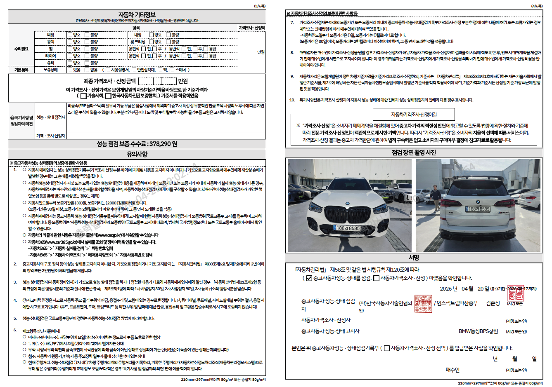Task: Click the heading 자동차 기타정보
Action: [137, 15]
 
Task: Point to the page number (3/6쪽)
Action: [260, 6]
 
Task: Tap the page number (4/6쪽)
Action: [537, 6]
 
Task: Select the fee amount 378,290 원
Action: [163, 144]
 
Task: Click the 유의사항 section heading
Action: [137, 154]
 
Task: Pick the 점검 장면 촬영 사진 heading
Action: [414, 153]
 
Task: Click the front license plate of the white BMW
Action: [348, 228]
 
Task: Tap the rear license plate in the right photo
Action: [479, 209]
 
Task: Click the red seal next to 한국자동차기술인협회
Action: [423, 303]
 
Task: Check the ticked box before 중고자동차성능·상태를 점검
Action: [309, 278]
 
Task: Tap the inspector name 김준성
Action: [493, 303]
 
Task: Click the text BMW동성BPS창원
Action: [478, 331]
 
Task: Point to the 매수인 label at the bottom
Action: [452, 370]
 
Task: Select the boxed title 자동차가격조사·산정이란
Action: [414, 115]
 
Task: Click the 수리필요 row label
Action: [21, 49]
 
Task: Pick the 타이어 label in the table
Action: [50, 56]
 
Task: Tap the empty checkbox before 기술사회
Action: [83, 96]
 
